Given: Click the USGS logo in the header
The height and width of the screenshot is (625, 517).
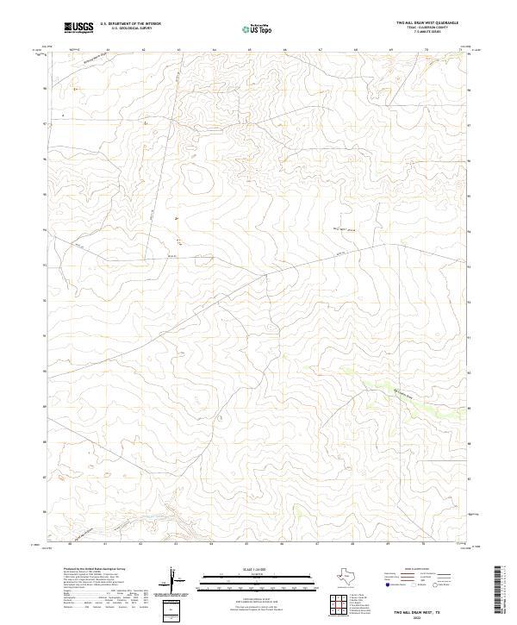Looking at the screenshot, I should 78,28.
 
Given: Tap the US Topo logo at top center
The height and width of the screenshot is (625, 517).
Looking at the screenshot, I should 258,28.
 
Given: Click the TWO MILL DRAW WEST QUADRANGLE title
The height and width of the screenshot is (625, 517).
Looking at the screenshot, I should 427,22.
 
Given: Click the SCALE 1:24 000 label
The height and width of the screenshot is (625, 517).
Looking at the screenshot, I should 246,569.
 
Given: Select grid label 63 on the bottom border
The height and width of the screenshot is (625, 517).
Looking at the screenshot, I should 176,544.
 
